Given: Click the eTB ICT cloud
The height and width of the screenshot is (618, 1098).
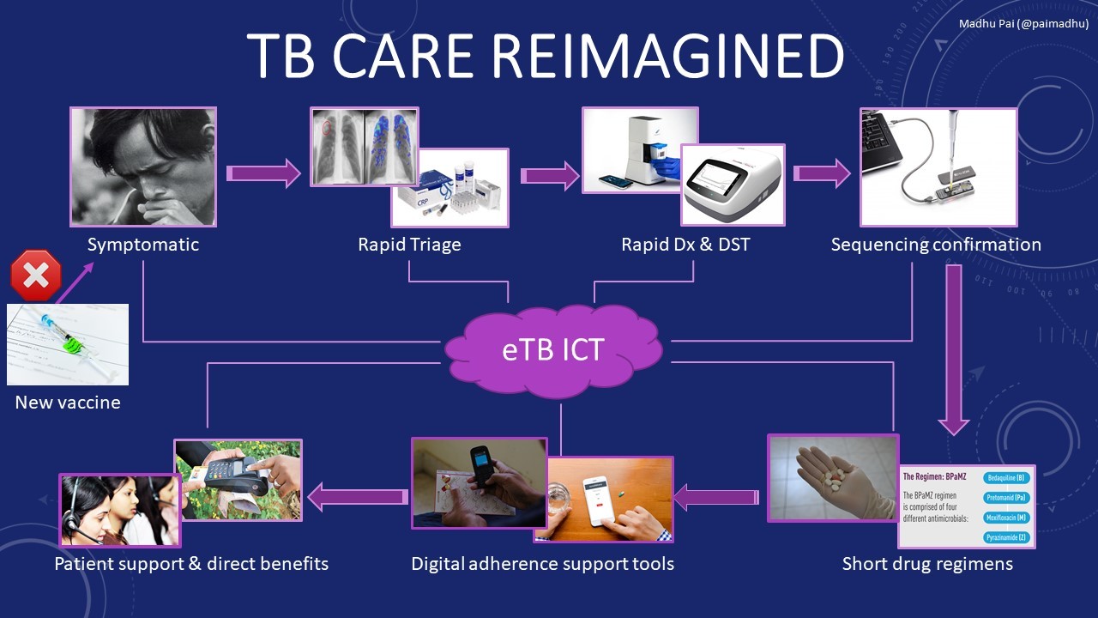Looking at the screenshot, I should [x=552, y=350].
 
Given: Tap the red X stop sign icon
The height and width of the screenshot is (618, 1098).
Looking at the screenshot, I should [x=36, y=276].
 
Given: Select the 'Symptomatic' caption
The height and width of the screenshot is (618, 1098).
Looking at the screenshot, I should [x=143, y=245].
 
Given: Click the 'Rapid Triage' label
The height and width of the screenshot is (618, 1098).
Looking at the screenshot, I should [x=409, y=245].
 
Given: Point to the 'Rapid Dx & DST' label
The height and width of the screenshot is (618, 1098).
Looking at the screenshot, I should [x=685, y=245].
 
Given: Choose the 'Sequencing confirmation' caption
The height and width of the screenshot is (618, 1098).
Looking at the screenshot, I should [x=936, y=245].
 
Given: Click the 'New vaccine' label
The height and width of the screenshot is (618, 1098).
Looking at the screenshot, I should [x=68, y=402].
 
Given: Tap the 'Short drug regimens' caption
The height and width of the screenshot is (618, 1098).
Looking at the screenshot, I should [x=927, y=564].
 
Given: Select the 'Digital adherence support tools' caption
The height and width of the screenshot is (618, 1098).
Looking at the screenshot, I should [x=542, y=564].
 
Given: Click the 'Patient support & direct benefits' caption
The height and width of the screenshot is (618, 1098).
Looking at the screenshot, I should [x=191, y=564].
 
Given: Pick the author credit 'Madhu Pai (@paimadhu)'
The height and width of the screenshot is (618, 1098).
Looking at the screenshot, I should [x=1023, y=24].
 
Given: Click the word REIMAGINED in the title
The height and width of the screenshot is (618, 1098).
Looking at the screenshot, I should [x=667, y=58].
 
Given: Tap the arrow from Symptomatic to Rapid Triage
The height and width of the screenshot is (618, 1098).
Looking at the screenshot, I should [x=263, y=173].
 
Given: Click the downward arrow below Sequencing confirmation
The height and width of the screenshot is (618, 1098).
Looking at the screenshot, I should [x=953, y=348].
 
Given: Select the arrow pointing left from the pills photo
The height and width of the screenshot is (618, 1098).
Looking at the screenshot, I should [x=716, y=496].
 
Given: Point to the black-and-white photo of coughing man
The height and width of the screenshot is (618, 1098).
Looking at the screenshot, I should [x=143, y=167].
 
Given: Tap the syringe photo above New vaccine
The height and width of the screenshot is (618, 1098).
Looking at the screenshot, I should [x=68, y=344].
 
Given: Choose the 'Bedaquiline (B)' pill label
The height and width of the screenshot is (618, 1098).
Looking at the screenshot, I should [x=1007, y=476].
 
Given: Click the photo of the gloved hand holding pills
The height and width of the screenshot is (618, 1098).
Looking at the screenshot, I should [x=832, y=477].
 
